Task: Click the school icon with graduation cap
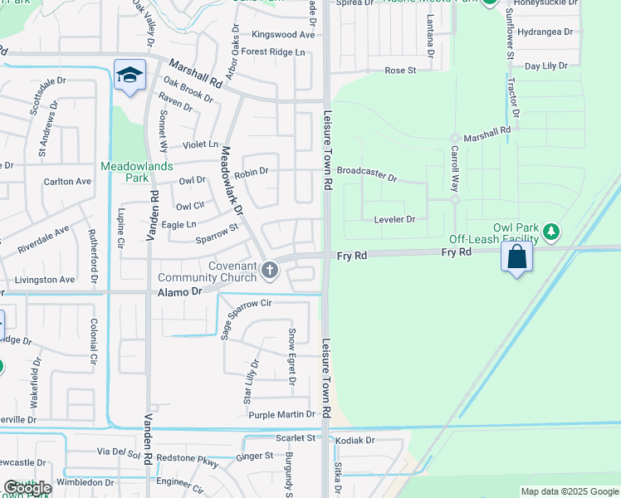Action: click(x=130, y=76)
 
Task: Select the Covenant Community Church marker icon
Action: click(x=269, y=270)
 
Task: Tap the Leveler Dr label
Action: click(x=394, y=219)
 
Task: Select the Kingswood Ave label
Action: click(x=283, y=35)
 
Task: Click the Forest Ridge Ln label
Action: click(x=274, y=52)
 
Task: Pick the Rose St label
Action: click(x=400, y=71)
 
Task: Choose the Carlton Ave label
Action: click(x=67, y=181)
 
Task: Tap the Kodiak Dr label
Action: click(x=359, y=441)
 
